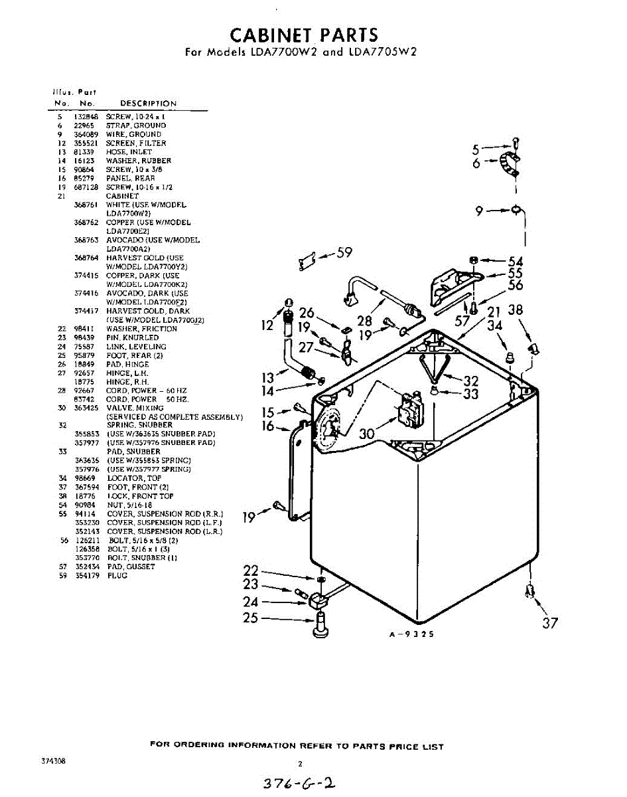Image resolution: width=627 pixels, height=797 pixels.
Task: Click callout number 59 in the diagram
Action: [344, 252]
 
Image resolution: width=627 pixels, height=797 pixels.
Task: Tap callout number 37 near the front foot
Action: [550, 623]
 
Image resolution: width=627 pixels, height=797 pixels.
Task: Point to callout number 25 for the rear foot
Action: [250, 618]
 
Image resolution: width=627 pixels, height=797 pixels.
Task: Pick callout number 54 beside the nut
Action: [516, 262]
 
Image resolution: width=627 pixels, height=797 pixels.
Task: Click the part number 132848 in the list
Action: [86, 117]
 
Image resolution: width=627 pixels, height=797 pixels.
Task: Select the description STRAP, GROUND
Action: [136, 126]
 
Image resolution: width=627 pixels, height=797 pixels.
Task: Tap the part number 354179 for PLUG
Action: [86, 576]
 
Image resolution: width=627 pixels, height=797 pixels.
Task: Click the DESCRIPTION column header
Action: [148, 104]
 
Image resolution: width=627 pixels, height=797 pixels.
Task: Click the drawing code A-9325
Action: [411, 634]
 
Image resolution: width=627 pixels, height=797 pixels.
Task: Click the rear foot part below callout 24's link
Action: [320, 624]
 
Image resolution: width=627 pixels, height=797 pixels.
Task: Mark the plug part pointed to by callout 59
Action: [306, 262]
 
